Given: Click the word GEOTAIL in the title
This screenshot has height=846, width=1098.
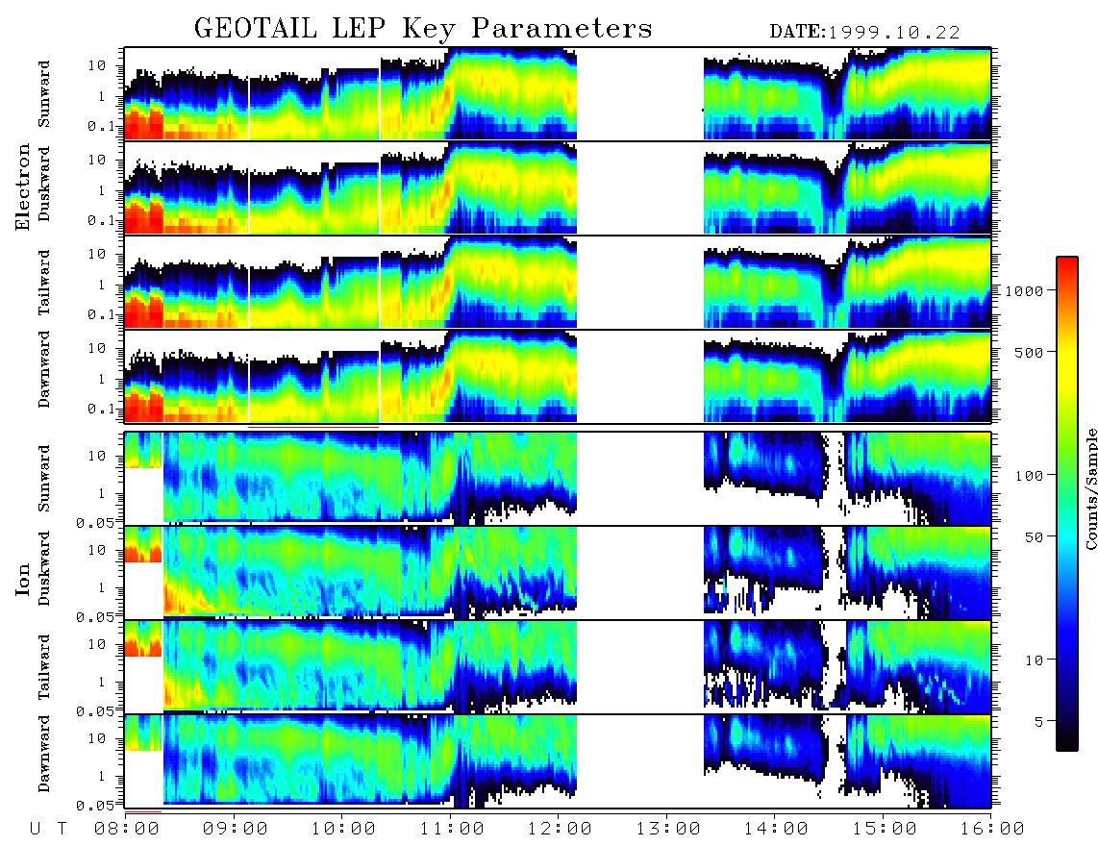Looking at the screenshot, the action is tap(255, 29).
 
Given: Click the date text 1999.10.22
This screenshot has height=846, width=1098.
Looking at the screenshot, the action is tap(894, 32).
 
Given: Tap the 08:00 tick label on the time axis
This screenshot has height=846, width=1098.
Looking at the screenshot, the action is tap(126, 829).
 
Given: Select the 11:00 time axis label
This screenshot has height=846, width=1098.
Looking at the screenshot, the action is tap(452, 829).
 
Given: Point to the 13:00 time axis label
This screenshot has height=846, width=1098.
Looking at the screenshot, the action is tap(668, 829).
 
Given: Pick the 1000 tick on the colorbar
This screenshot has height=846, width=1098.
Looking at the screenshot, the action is tap(1024, 290).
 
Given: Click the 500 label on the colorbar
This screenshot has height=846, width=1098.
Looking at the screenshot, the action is tap(1029, 352).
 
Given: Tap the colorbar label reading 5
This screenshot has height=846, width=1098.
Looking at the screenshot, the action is tap(1039, 721).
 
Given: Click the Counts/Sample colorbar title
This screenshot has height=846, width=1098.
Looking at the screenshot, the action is tap(1090, 488).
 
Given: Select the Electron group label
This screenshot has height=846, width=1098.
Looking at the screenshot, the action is tap(23, 187).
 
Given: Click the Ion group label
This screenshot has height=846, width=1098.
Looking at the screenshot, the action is tap(23, 580).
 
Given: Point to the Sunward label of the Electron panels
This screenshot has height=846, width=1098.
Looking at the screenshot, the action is tap(44, 94).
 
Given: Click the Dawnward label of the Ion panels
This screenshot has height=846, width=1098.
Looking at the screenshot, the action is tap(44, 753).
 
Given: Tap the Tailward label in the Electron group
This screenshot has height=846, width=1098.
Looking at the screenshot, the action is tap(44, 283).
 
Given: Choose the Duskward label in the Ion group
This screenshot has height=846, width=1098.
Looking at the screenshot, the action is tap(44, 568).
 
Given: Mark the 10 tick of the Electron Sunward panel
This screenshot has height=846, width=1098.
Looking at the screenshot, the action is tap(96, 65).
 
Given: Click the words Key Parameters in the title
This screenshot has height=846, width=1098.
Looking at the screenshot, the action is tap(528, 29).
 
